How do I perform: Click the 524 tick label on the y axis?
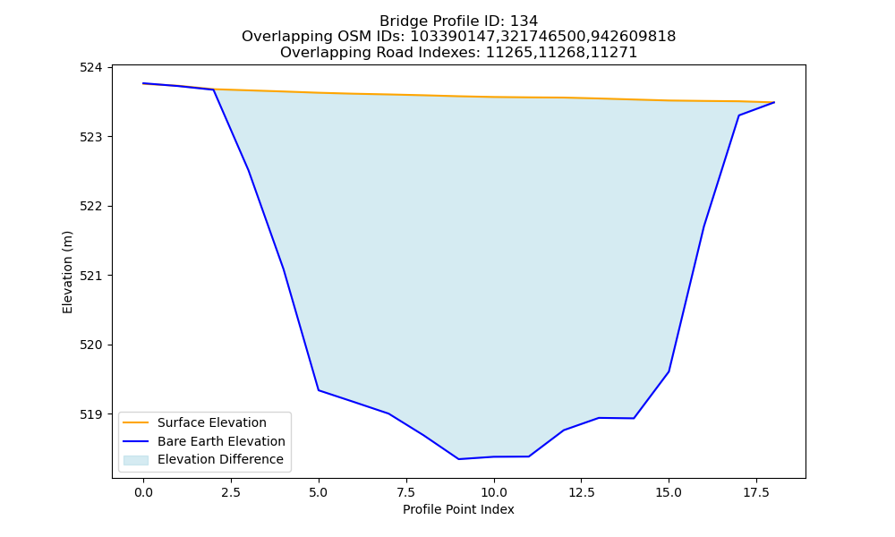90,68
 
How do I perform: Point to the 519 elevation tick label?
90,414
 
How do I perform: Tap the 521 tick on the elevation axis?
90,276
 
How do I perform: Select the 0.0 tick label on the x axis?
143,492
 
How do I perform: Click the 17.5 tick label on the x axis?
756,492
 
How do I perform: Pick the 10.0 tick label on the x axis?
494,492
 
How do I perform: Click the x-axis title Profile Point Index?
458,509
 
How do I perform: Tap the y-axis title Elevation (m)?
67,272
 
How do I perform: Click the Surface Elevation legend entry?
212,422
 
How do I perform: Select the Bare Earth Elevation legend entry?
221,441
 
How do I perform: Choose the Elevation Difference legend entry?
220,459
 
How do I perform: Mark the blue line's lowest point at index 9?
458,459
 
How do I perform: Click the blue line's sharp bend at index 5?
319,389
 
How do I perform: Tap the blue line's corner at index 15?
669,371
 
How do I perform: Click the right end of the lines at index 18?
774,102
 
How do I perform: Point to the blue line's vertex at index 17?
738,115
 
